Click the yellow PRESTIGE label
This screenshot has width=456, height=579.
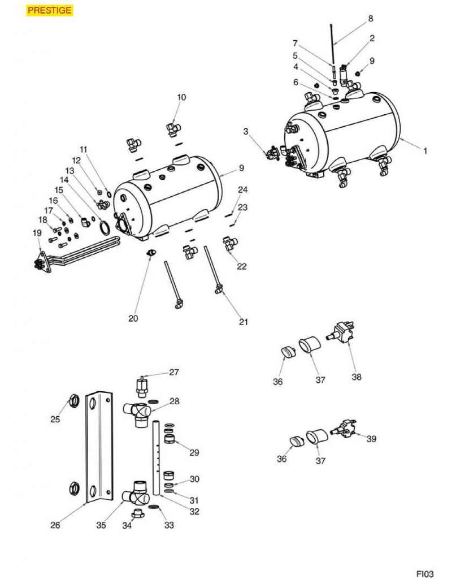pyautogui.click(x=49, y=10)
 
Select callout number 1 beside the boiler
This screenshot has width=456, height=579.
pyautogui.click(x=425, y=151)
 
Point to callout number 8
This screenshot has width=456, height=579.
pyautogui.click(x=371, y=19)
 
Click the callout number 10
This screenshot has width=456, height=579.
pyautogui.click(x=181, y=97)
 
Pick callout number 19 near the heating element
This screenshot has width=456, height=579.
pyautogui.click(x=37, y=233)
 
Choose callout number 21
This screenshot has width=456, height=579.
pyautogui.click(x=244, y=322)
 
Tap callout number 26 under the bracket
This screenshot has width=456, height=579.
pyautogui.click(x=55, y=525)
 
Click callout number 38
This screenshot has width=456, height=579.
pyautogui.click(x=356, y=377)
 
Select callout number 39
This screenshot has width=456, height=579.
pyautogui.click(x=371, y=439)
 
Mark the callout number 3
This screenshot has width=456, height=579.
pyautogui.click(x=246, y=132)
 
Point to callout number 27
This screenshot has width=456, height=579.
pyautogui.click(x=174, y=372)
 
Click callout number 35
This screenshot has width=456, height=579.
pyautogui.click(x=101, y=525)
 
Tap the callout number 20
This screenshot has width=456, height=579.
pyautogui.click(x=133, y=318)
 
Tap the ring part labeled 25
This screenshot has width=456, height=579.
pyautogui.click(x=74, y=402)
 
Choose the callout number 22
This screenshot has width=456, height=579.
pyautogui.click(x=242, y=267)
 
